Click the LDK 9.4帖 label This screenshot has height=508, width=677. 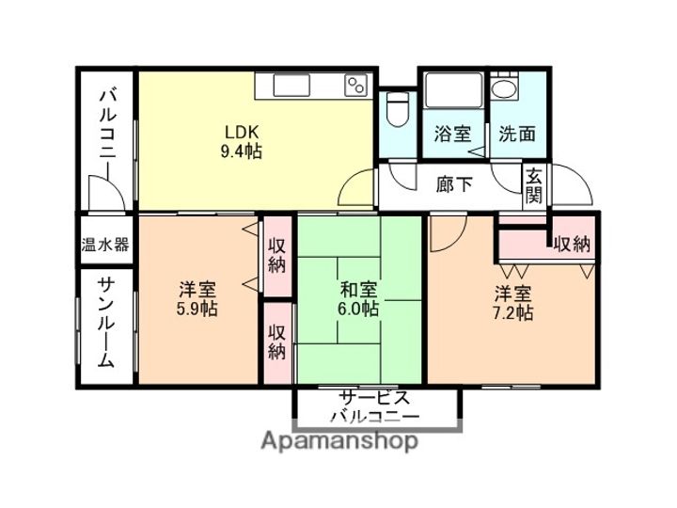coord(242,142)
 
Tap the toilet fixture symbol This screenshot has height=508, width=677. coord(398,108)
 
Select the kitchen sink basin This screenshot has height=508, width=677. coord(291,85)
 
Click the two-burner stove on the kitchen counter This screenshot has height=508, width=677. coord(356,86)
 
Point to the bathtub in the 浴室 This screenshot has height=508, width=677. coord(453,90)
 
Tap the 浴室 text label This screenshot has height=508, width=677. coord(452,134)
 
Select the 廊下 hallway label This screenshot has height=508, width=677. coord(454,184)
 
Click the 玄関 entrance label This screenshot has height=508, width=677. coord(534,186)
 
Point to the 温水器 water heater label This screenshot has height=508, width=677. coord(105,245)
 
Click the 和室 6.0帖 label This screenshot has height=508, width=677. coord(358,299)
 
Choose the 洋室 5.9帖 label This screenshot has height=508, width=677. coord(197,299)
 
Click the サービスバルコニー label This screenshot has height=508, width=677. coord(375,407)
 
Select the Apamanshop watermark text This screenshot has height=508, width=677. coord(339,441)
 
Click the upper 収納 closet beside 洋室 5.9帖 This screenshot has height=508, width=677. coord(277,256)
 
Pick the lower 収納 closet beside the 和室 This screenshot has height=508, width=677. coord(277,342)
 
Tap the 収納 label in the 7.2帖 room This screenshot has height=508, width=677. coord(572,245)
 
